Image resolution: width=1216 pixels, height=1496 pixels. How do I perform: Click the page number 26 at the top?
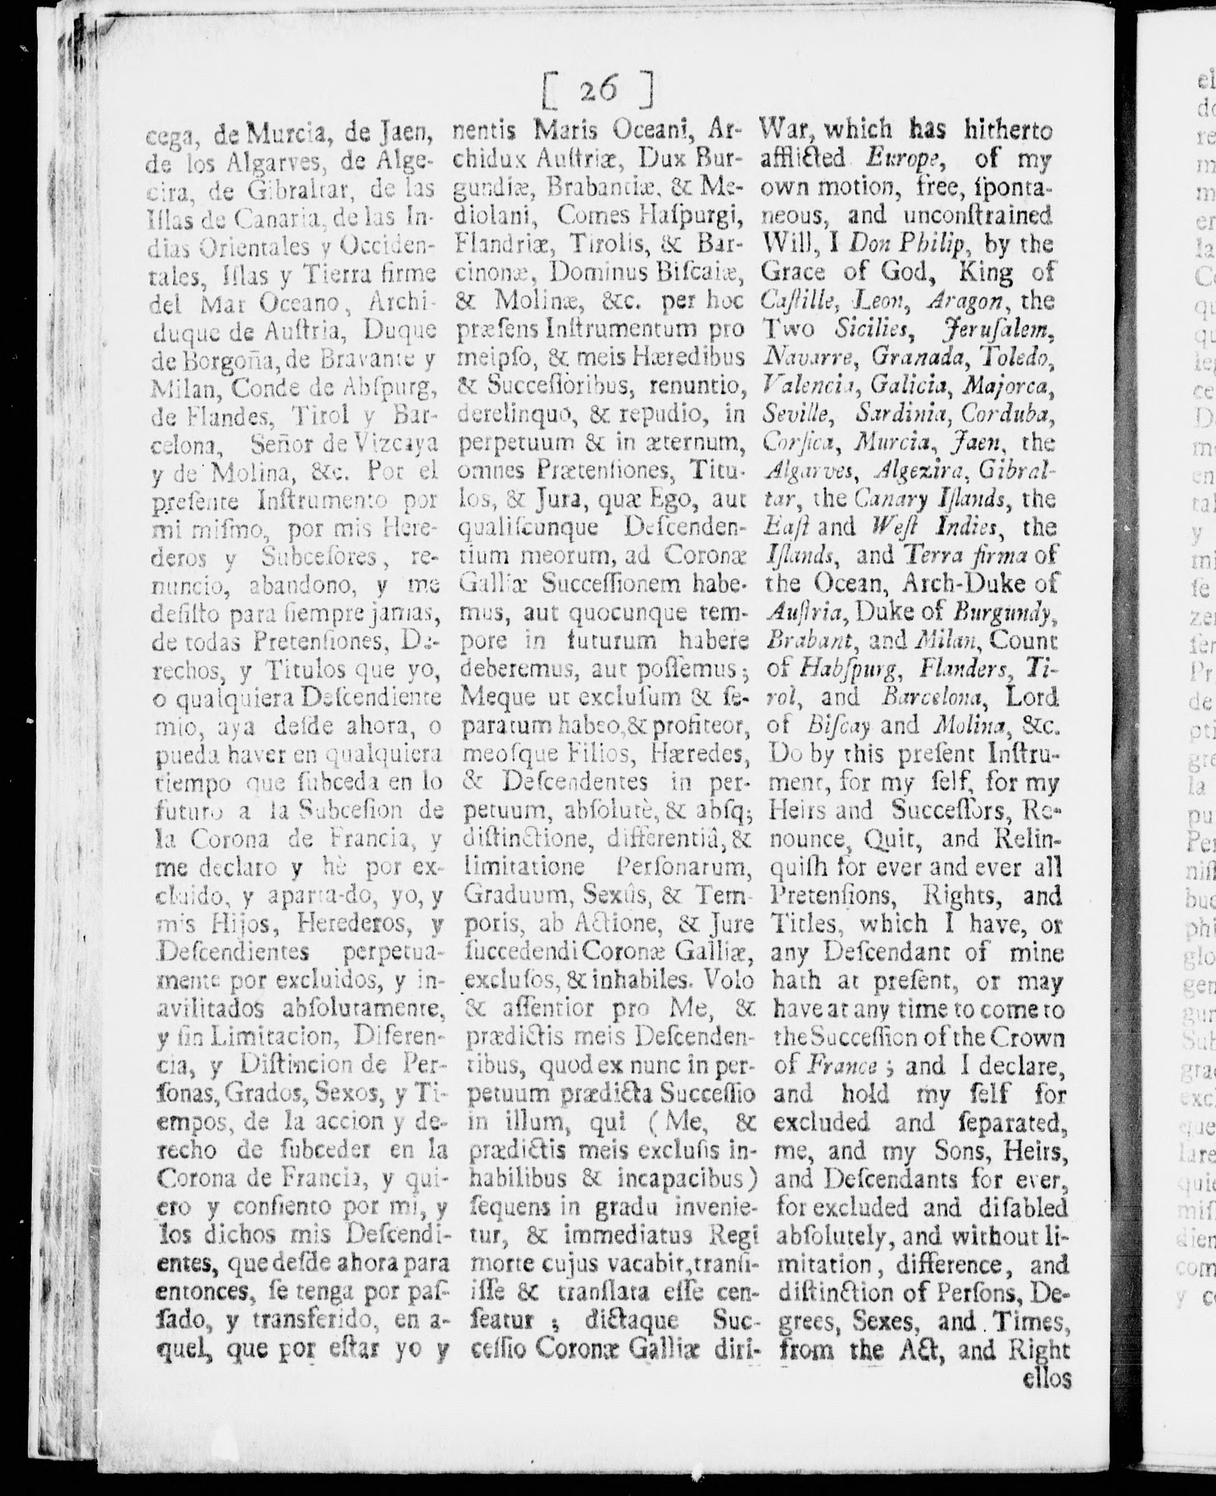[599, 90]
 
